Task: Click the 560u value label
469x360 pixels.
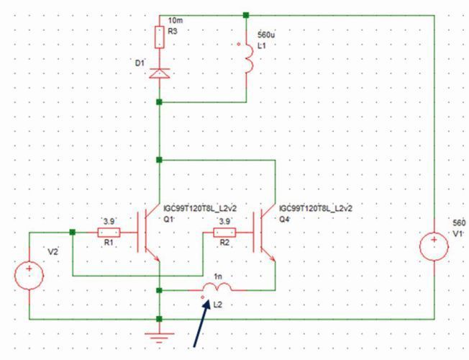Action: click(257, 35)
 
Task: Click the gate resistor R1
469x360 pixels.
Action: click(109, 232)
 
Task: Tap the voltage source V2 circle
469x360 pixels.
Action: click(29, 274)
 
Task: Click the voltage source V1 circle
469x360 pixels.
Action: click(434, 249)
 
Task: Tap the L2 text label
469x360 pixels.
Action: click(217, 305)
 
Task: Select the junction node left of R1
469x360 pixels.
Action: click(73, 232)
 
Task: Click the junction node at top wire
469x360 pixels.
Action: click(246, 14)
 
